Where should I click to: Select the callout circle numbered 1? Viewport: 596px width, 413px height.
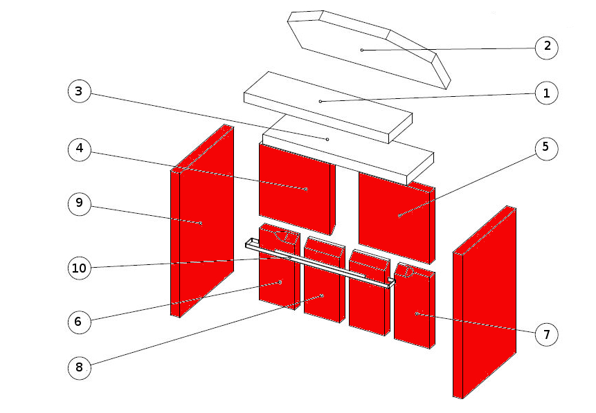(547, 93)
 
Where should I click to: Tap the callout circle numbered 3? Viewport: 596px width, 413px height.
(80, 91)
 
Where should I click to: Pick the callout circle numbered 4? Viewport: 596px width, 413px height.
(80, 149)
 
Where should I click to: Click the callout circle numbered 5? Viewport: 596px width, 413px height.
(547, 148)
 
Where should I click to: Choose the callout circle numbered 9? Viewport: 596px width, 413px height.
(80, 203)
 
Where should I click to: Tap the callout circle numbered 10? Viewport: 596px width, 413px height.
(80, 268)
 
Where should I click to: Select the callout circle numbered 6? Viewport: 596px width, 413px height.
(80, 322)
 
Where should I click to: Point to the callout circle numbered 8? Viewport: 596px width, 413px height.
(80, 368)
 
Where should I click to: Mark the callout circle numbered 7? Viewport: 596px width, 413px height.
(547, 334)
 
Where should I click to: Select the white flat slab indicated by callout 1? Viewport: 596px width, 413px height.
(327, 107)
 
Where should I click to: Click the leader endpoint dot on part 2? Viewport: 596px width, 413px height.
(362, 50)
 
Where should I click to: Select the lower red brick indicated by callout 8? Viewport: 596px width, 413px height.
(323, 281)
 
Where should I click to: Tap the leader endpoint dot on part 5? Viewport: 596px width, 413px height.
(400, 215)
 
